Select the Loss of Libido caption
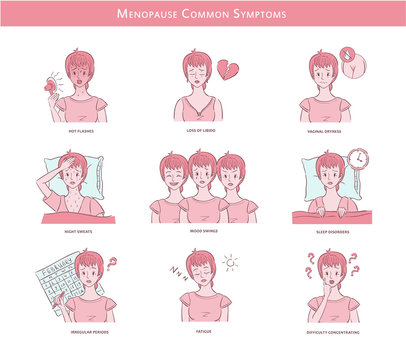pos(202,130)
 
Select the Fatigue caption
pos(202,331)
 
